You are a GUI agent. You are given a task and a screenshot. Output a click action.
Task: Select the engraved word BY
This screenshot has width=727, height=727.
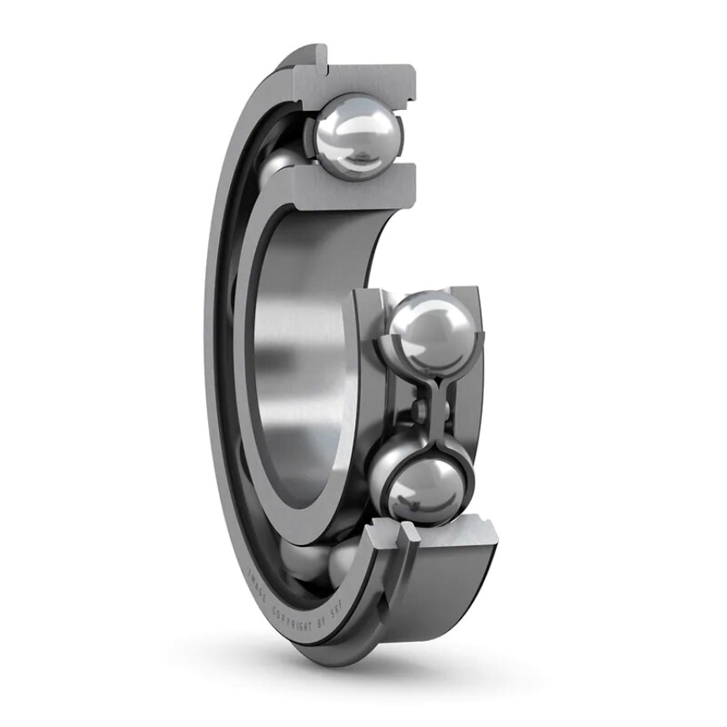tap(321, 622)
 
